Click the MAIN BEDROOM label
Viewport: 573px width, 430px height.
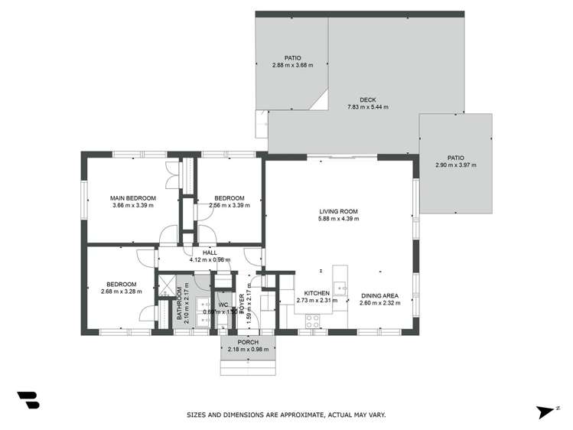coord(132,198)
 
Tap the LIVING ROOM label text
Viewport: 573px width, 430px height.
coord(339,212)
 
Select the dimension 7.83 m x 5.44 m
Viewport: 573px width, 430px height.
coord(368,107)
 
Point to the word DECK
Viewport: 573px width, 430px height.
coord(368,99)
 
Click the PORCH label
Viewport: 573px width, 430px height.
coord(248,342)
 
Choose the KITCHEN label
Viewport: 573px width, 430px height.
coord(317,293)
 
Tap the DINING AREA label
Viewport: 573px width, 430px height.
coord(380,294)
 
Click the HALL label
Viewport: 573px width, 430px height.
coord(210,252)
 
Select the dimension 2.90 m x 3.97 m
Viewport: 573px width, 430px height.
coord(456,165)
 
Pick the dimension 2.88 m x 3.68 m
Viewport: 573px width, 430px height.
coord(292,65)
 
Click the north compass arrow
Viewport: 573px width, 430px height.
coord(545,412)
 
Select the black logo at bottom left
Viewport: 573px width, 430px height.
coord(28,400)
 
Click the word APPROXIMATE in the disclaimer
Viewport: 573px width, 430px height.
coord(294,415)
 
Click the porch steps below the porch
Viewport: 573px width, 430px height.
coord(248,366)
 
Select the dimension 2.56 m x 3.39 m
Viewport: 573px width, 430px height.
coord(230,205)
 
